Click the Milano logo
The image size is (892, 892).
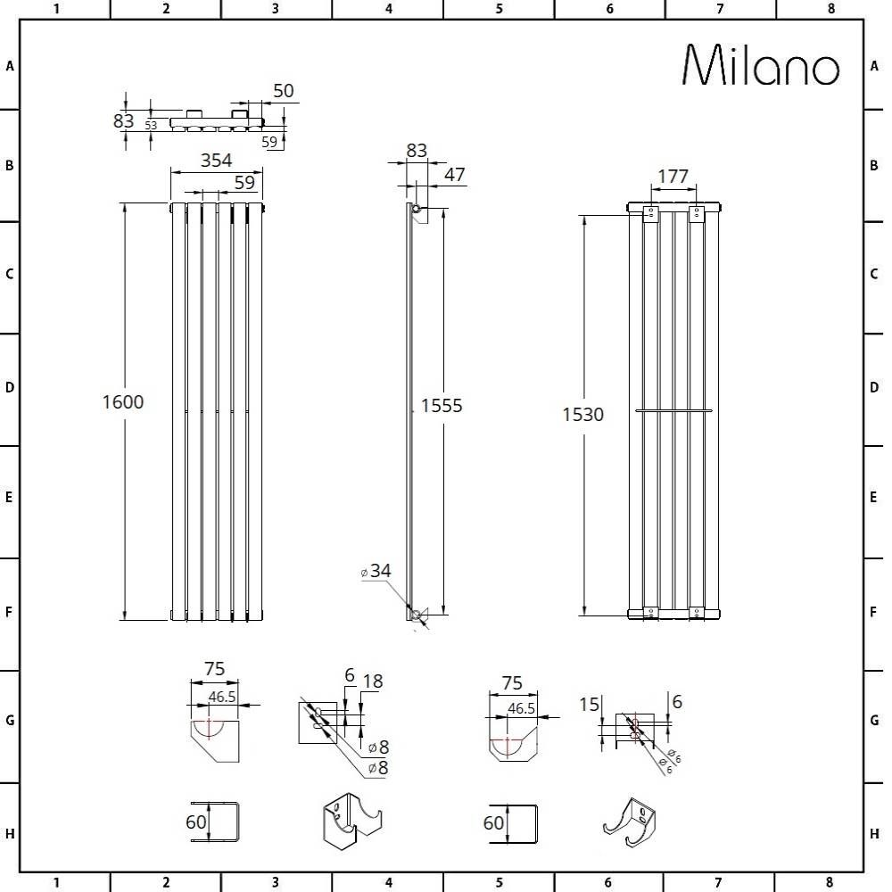coord(761,65)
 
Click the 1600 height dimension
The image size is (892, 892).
coord(123,402)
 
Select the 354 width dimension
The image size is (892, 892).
coord(216,161)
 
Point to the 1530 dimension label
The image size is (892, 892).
coord(582,415)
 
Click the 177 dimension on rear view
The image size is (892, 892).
coord(673,177)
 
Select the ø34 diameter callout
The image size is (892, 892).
coord(376,571)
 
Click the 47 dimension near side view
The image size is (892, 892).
coord(454,175)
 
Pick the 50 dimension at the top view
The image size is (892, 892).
coord(284,91)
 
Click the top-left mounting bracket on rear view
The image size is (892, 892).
coord(650,214)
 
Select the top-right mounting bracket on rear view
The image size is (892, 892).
coord(696,214)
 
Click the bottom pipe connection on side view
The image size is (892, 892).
coord(415,614)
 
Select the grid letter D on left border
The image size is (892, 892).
coord(10,388)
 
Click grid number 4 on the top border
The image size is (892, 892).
coord(388,9)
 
